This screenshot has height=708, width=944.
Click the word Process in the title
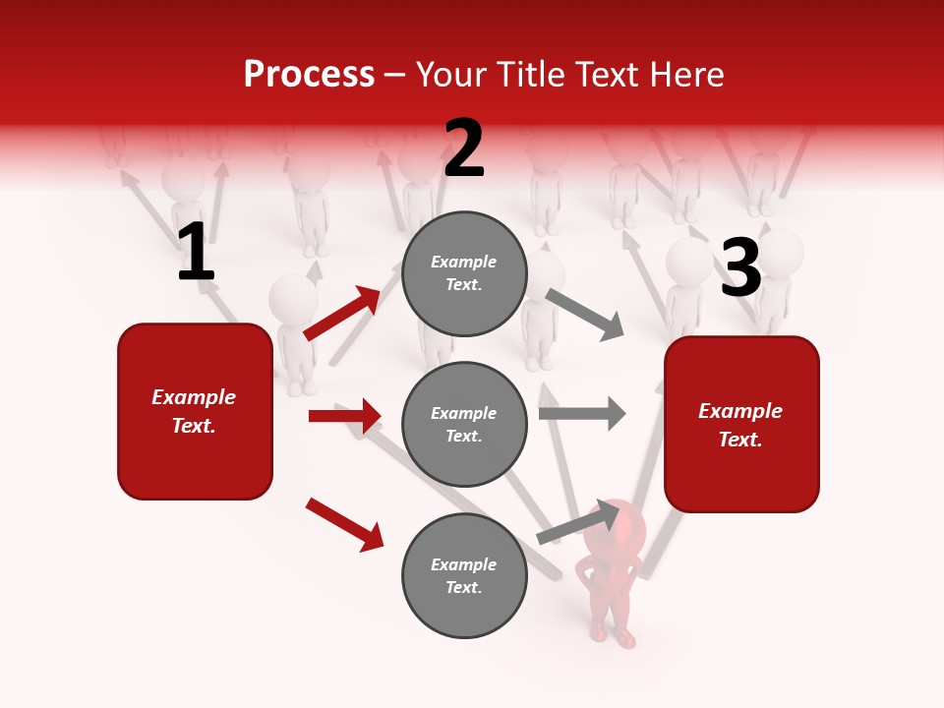[309, 74]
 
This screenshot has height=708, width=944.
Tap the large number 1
[196, 253]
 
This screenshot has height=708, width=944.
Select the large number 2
[464, 148]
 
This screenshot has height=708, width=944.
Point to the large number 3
[740, 267]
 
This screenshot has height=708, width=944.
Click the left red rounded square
[195, 411]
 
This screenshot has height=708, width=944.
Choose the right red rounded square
[741, 424]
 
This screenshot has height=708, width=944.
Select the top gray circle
[463, 273]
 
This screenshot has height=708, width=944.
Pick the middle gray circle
[463, 424]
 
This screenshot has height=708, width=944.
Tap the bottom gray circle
[463, 575]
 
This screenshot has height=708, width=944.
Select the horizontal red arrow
[344, 416]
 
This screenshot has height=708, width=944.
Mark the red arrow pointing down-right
[344, 524]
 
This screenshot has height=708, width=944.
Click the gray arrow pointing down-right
[585, 314]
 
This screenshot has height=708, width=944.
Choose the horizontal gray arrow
[582, 414]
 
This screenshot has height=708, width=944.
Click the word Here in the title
[685, 74]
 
